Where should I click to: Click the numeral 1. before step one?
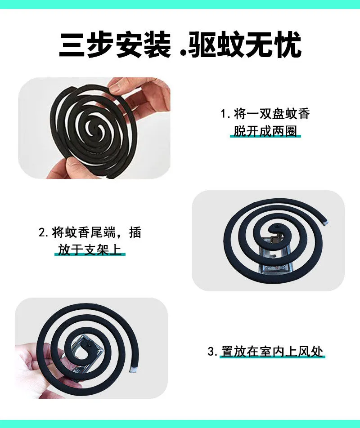click(225, 114)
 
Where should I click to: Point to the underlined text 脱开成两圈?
click(265, 131)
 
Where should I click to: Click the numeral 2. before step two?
click(44, 233)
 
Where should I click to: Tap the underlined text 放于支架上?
click(90, 250)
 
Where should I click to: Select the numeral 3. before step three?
click(212, 352)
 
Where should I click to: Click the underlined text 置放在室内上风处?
click(272, 352)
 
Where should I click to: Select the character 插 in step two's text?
click(135, 232)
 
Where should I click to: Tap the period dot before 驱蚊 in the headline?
click(183, 54)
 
